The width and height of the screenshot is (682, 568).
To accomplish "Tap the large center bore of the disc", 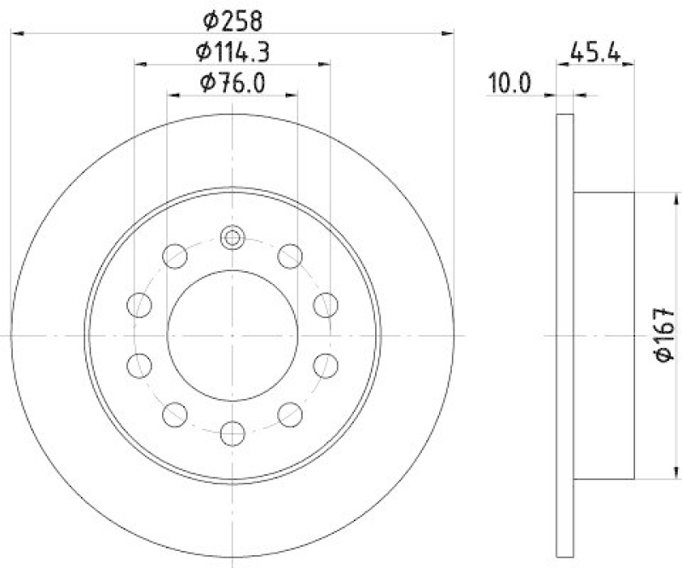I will click(x=233, y=336).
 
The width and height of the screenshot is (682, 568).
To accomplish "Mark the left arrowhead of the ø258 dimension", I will click(x=19, y=32).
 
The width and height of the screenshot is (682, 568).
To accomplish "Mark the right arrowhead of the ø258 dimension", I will click(x=447, y=32).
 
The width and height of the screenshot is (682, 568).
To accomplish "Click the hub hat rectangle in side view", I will click(x=604, y=336).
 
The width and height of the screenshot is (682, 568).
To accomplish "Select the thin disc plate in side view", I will click(x=564, y=336).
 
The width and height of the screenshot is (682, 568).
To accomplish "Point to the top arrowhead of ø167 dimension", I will click(x=656, y=198).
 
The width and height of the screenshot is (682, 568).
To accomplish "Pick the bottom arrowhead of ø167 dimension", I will click(x=656, y=473).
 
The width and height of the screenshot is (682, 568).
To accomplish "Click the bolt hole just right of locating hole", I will click(x=291, y=255).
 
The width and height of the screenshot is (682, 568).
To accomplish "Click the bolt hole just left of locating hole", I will click(x=175, y=255).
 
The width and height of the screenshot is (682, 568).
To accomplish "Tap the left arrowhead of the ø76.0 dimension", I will click(x=173, y=96).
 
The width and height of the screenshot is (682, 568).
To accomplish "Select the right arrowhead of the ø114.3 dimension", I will click(x=325, y=64).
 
